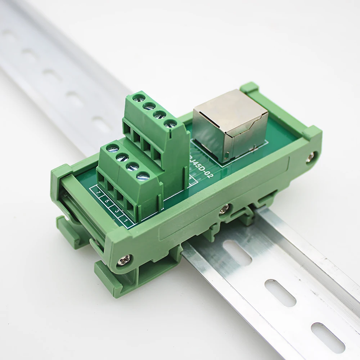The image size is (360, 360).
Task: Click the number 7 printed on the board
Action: point(98,193)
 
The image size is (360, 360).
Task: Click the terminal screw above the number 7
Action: point(112,148)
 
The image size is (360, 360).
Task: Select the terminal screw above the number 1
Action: point(143,176)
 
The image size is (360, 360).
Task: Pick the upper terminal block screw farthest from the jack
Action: point(139,97)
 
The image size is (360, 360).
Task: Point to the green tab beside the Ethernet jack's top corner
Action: point(249,87)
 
